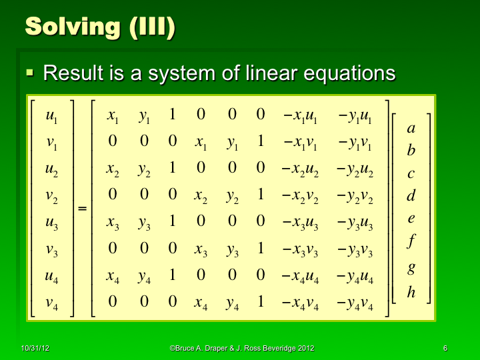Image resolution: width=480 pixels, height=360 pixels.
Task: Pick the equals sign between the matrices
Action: (83, 209)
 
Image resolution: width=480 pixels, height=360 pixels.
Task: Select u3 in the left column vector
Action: (51, 223)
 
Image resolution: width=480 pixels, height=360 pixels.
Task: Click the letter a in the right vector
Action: (411, 128)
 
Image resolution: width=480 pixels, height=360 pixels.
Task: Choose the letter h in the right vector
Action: (411, 291)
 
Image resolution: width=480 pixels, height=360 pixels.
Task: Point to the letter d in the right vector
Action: (411, 196)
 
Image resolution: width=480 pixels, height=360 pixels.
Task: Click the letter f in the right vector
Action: (411, 241)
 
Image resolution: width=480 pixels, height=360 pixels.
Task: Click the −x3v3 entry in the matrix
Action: (301, 250)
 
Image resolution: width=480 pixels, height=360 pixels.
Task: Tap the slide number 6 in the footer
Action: (445, 349)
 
